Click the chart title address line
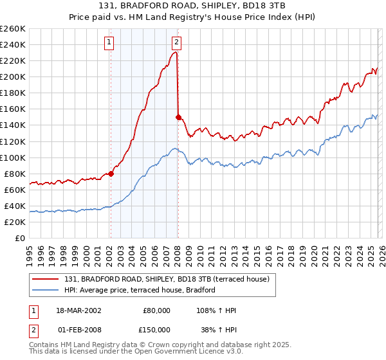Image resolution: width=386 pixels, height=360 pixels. [192, 6]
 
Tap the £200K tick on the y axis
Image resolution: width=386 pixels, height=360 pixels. [12, 76]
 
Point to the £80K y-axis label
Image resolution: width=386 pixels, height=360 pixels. [14, 174]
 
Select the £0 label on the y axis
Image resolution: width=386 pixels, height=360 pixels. [20, 238]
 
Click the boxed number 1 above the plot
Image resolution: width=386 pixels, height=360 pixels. [109, 43]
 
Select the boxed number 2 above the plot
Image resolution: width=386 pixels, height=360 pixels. [176, 43]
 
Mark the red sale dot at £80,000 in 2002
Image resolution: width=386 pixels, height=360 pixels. [111, 174]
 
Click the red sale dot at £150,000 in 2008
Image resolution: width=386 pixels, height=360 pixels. [178, 117]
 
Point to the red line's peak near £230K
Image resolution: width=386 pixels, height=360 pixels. [176, 53]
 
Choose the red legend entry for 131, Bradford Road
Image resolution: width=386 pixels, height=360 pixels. [170, 278]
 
